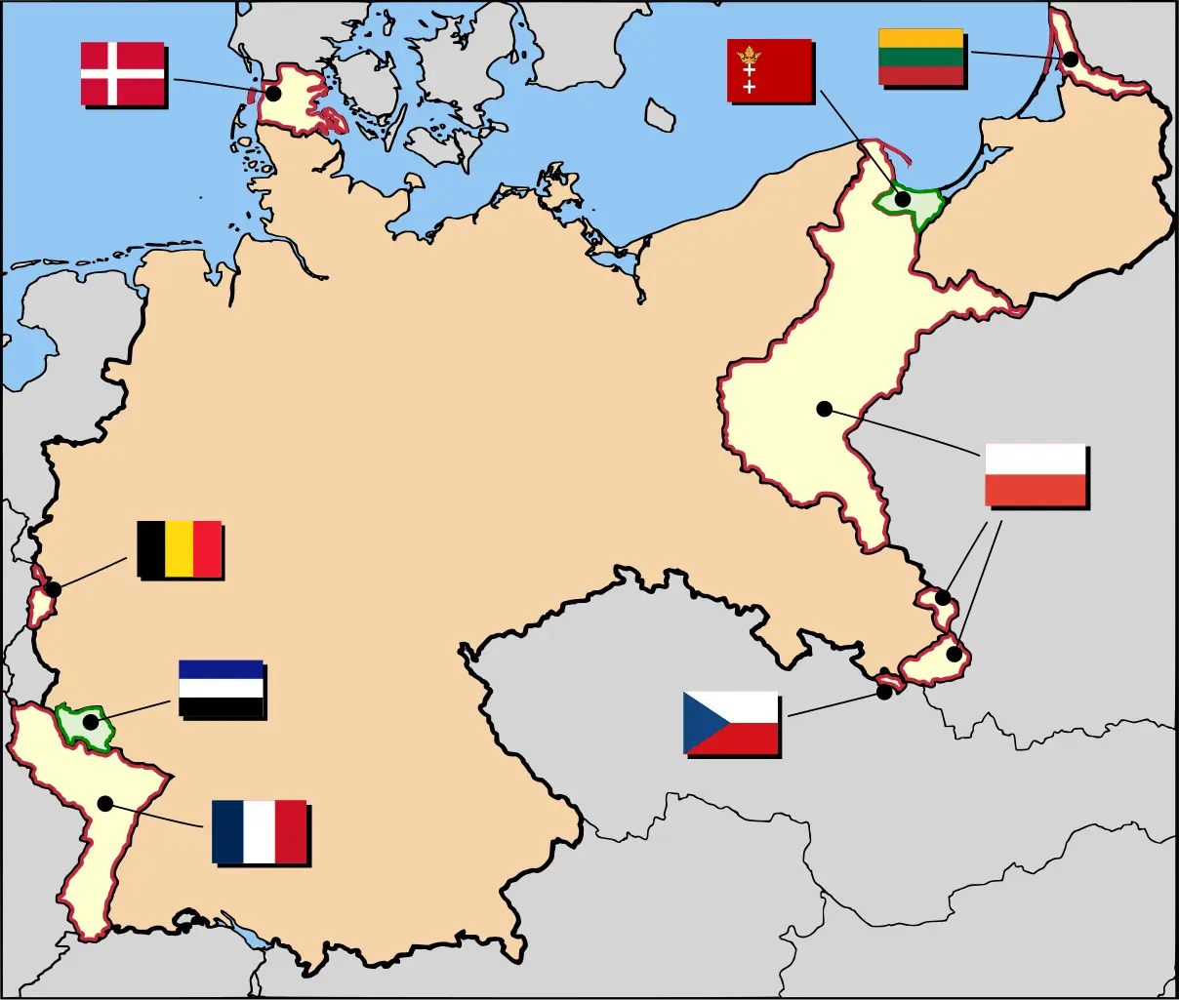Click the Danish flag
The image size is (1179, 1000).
(122, 73)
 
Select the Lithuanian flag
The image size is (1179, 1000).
(921, 58)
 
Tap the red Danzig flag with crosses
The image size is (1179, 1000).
(769, 70)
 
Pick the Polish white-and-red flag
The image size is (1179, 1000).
(1036, 474)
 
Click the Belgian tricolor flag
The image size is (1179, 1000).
(179, 549)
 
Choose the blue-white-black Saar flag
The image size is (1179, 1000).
(221, 689)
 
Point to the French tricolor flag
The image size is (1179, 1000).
(259, 831)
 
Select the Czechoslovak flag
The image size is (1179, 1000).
(730, 722)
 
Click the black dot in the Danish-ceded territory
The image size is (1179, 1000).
(274, 94)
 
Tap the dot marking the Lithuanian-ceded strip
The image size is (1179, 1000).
(1071, 60)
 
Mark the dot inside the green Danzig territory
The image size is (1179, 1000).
(903, 199)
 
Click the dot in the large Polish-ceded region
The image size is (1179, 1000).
(825, 410)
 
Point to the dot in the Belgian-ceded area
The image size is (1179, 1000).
(54, 589)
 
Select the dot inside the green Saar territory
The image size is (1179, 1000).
(91, 723)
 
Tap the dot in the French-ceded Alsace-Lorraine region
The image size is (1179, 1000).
(104, 804)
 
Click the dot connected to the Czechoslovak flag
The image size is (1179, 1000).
(884, 692)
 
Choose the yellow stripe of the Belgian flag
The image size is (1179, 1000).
(179, 549)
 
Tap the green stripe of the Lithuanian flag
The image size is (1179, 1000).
(921, 58)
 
